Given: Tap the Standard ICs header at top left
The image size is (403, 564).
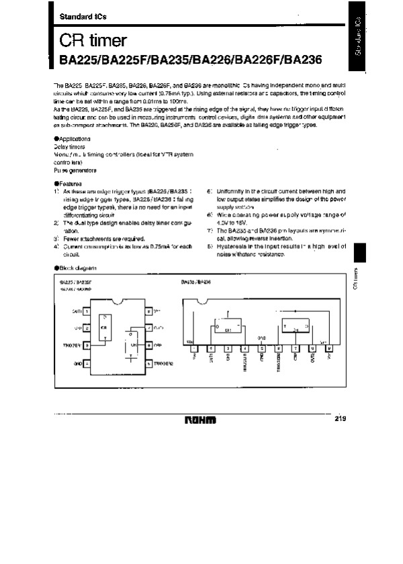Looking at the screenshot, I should coord(79,15).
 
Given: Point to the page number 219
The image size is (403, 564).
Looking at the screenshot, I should coord(339,419).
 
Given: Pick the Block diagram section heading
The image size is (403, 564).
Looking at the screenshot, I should coord(75,267).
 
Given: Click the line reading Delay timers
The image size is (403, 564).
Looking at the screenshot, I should coord(69,146).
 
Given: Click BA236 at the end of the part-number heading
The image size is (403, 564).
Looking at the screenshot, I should coord(303,59).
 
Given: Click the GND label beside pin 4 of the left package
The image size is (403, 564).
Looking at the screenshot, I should coord(76,363).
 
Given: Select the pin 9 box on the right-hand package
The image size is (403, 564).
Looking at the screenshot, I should coord(328,348).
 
